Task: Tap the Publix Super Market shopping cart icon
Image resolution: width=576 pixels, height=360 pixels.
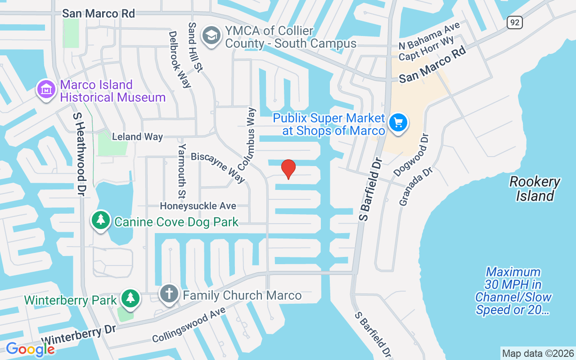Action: (398, 122)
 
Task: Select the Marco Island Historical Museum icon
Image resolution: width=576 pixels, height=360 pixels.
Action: (46, 90)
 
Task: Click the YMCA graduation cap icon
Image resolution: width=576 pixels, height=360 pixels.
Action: (211, 36)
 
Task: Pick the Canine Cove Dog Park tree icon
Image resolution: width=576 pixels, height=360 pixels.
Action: (101, 220)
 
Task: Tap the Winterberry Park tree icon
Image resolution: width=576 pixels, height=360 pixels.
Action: (130, 298)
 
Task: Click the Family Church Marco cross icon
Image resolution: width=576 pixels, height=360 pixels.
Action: (169, 294)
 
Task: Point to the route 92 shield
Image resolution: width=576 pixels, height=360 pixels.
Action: (514, 22)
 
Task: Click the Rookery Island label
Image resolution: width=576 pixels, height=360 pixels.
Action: (535, 189)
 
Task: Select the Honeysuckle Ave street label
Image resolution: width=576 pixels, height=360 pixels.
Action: (198, 206)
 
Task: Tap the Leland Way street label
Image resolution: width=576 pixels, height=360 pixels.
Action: (137, 137)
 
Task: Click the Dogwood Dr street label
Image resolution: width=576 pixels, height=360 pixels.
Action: (412, 154)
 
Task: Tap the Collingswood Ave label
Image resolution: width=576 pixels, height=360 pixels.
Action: (189, 325)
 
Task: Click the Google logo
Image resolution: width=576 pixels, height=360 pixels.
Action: (30, 349)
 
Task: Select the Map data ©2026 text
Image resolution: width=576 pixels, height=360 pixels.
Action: (538, 353)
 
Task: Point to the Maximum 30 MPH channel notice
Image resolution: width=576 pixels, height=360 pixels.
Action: (513, 291)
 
